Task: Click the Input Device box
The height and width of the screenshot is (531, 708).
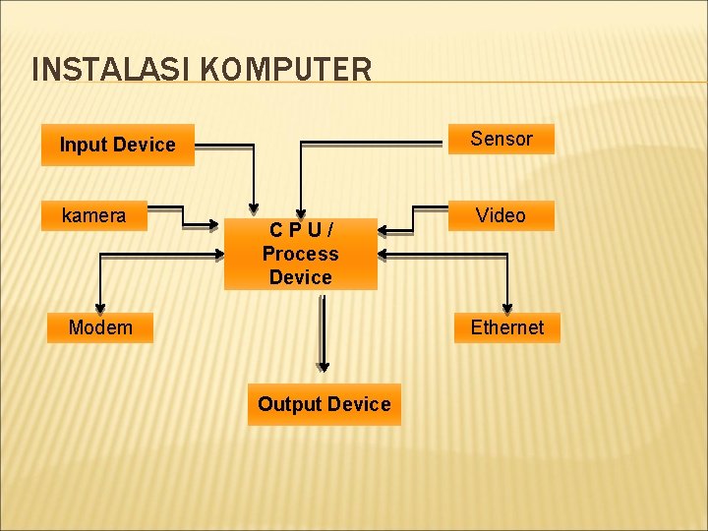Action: [x=117, y=145]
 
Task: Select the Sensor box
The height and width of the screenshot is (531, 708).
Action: [x=501, y=139]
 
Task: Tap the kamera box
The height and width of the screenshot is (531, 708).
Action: [x=93, y=215]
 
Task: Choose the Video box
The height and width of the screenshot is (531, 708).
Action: [x=501, y=215]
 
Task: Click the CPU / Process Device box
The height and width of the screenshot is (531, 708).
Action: [x=300, y=254]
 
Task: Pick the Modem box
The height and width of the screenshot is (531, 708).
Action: [x=100, y=326]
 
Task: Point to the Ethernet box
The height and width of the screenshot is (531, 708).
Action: [x=506, y=326]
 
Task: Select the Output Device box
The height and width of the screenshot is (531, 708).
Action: [x=324, y=404]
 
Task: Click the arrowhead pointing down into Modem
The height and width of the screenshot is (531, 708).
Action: [x=98, y=306]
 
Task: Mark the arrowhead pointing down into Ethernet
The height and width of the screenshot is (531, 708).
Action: [x=507, y=306]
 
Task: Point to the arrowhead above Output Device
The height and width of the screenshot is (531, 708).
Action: [x=323, y=366]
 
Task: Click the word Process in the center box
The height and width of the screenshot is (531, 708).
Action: [x=300, y=254]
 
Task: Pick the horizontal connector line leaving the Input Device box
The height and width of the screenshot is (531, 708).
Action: [x=224, y=146]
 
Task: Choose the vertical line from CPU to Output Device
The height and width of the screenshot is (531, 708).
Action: [x=323, y=329]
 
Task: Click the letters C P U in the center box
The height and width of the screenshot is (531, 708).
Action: [x=301, y=230]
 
